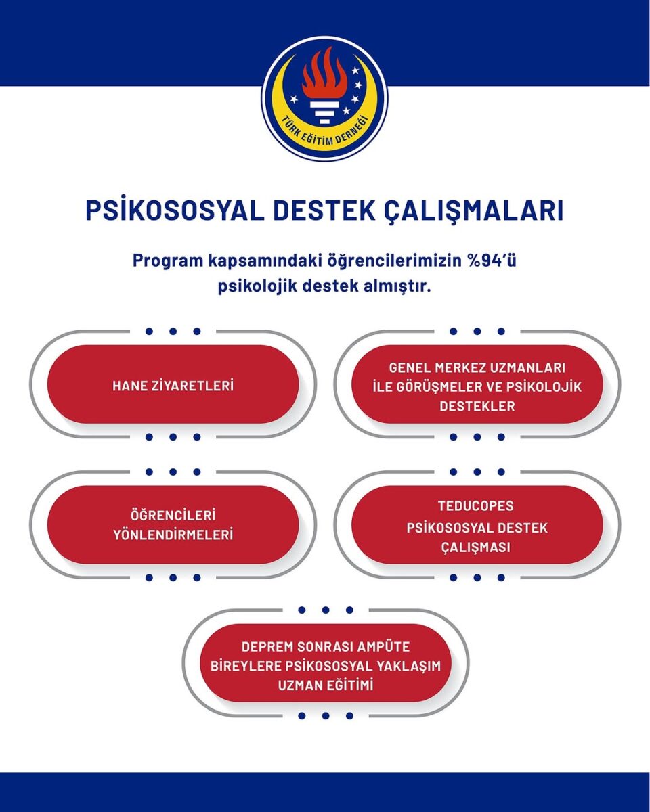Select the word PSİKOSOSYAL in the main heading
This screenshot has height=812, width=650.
(175, 210)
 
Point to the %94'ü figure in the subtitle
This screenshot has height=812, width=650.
(492, 261)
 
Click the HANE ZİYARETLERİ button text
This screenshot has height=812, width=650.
(173, 386)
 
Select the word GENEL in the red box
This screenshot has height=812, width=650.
(410, 368)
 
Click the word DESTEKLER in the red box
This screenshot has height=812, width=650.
(477, 407)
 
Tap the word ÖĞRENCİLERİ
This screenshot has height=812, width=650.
(173, 516)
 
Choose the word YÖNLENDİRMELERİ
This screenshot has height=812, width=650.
(173, 535)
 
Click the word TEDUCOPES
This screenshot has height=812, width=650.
(475, 506)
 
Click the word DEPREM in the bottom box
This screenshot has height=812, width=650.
(267, 647)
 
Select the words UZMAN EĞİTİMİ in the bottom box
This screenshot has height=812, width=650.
(326, 685)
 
